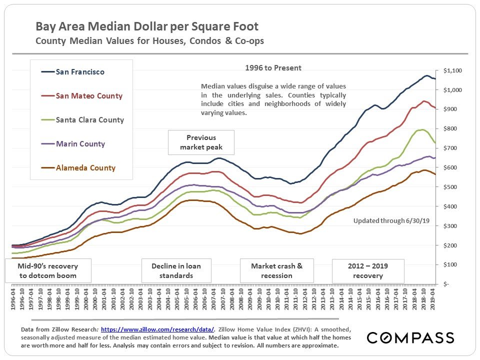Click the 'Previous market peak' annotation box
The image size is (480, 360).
point(201,142)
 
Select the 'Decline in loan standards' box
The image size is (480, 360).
point(176,270)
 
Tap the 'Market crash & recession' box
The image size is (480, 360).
point(276,270)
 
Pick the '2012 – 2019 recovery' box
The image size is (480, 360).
point(367,270)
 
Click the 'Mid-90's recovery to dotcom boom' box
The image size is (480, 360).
point(48,270)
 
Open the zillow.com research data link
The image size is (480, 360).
point(157,329)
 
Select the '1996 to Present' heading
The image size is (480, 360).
point(273,68)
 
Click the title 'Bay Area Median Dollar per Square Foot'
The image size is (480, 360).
point(147,26)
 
